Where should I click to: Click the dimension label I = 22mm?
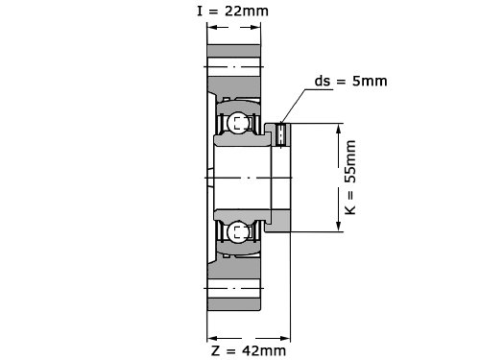point(232,12)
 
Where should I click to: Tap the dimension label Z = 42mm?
point(249,350)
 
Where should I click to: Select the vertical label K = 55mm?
point(350,178)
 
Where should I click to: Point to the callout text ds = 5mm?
point(350,81)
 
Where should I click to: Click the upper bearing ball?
point(238,123)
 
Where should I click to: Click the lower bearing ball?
point(238,231)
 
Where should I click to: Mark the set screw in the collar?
point(281,135)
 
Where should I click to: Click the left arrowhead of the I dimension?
point(213,27)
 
